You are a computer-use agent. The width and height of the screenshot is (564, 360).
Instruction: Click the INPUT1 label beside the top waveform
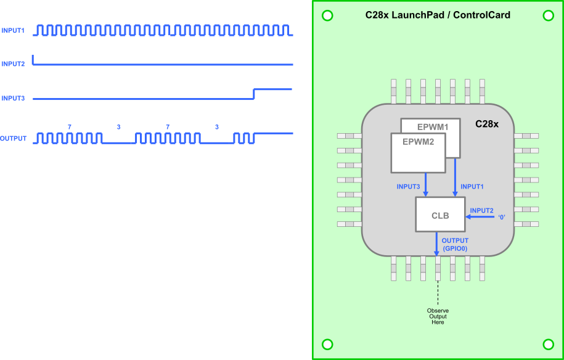[x=13, y=30]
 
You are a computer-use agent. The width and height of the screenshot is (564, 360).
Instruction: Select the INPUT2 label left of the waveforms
[x=13, y=64]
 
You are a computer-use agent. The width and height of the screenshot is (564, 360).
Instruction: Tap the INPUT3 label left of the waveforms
[x=13, y=99]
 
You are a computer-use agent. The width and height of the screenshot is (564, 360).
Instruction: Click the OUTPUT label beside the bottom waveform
[x=14, y=139]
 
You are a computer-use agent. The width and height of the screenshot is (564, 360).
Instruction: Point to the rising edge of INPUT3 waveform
[x=254, y=94]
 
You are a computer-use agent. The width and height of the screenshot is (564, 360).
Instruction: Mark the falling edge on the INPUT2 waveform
[x=33, y=60]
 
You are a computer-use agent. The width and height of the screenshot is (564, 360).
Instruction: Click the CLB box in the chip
[x=440, y=215]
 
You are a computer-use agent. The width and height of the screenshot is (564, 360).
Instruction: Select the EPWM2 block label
[x=418, y=142]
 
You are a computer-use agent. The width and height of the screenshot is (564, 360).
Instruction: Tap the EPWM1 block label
[x=433, y=126]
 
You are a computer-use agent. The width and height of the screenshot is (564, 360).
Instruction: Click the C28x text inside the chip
[x=486, y=124]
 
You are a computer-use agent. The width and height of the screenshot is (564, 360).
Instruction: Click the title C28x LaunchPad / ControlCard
[x=438, y=15]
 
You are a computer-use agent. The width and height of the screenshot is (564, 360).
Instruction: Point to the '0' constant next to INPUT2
[x=502, y=217]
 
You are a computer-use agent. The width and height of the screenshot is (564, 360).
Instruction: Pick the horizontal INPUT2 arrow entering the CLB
[x=480, y=217]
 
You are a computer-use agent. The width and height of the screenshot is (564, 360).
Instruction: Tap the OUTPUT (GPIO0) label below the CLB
[x=455, y=245]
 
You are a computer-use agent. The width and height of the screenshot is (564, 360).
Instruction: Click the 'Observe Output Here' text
[x=438, y=316]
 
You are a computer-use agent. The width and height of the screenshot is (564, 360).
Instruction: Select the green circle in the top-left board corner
[x=327, y=16]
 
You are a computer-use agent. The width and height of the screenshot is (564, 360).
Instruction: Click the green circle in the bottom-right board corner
[x=548, y=344]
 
